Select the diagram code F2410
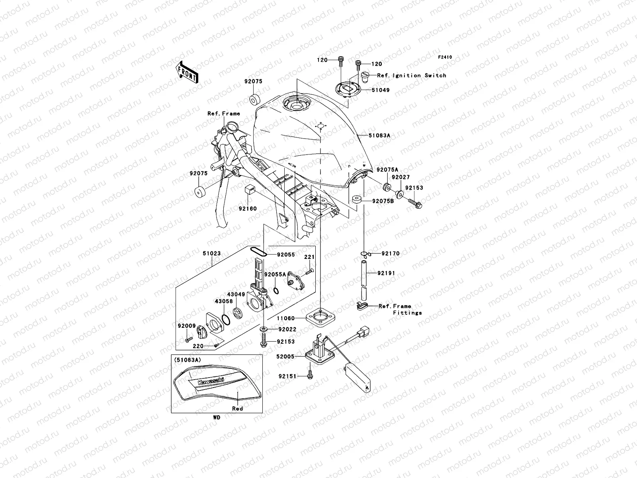click(x=445, y=57)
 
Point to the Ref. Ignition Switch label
click(x=412, y=75)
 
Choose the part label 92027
click(x=400, y=177)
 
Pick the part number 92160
click(x=248, y=208)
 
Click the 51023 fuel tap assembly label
click(x=211, y=253)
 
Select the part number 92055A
click(x=275, y=274)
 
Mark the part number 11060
click(x=286, y=318)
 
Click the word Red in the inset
click(x=238, y=408)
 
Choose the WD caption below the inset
click(x=216, y=418)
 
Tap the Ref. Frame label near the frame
click(x=224, y=114)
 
